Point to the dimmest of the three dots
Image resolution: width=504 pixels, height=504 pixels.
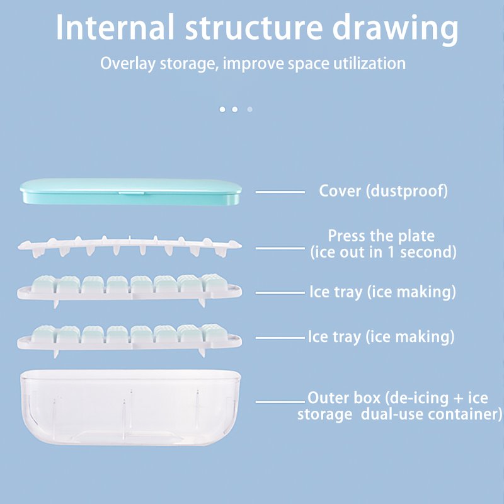249,109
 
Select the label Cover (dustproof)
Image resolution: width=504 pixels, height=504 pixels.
383,191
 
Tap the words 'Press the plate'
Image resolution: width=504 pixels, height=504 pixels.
381,236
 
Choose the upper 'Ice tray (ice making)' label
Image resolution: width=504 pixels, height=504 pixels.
382,292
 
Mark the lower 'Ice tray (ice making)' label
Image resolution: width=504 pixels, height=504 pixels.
381,337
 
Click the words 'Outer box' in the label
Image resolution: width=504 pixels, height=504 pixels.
343,398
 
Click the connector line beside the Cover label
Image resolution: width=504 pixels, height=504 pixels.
280,192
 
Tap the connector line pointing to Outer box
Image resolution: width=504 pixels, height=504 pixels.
281,401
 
